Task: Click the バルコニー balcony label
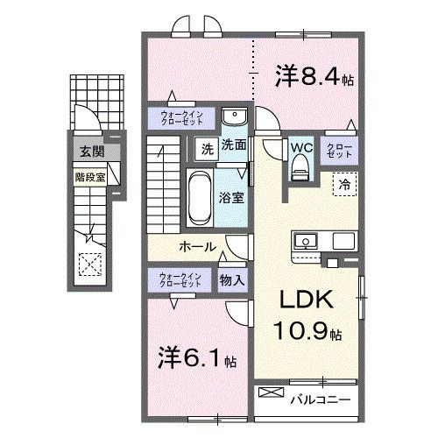coord(320,399)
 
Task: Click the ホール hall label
coord(198,247)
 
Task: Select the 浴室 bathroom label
coord(232,197)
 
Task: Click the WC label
coord(300,147)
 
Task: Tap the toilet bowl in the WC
coord(300,166)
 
